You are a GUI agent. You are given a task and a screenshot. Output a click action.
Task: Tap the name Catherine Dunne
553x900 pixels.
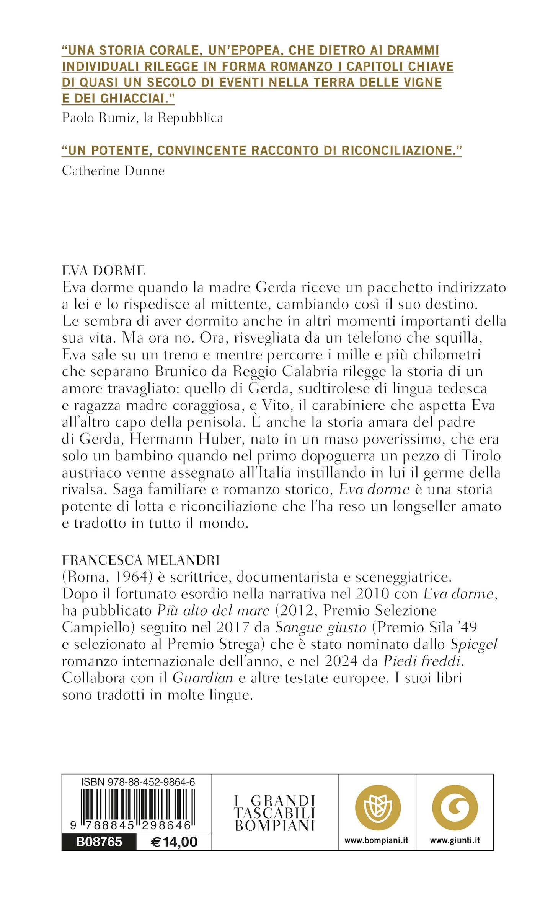point(113,171)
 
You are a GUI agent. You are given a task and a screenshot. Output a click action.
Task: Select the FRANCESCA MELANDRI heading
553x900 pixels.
point(141,560)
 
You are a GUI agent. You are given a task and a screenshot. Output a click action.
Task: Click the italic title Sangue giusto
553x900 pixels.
point(321,627)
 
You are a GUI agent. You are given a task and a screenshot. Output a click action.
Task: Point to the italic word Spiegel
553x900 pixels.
point(474,644)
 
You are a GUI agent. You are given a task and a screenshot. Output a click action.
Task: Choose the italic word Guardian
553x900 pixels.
point(203,678)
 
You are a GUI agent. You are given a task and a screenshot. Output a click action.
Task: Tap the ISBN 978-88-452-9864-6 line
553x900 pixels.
point(138,782)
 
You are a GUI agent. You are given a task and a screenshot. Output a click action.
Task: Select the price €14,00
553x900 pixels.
point(174,842)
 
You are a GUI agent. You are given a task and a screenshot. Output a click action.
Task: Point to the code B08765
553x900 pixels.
point(99,842)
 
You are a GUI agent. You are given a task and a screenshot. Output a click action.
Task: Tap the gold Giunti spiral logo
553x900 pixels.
point(455,808)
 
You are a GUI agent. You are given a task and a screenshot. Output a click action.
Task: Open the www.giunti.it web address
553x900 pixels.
point(455,840)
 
